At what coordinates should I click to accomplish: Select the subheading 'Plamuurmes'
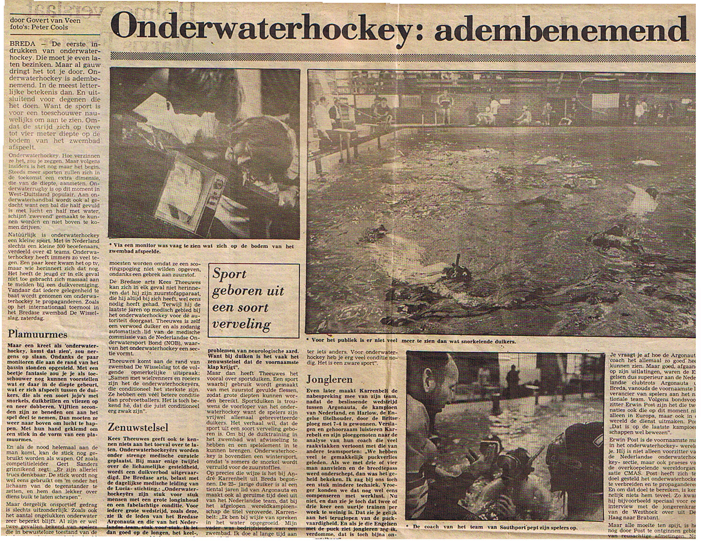tap(38, 335)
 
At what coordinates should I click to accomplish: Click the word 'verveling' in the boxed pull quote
tap(241, 324)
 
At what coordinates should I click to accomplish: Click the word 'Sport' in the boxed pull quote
tap(230, 274)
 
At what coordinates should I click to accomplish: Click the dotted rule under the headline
tap(399, 55)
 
